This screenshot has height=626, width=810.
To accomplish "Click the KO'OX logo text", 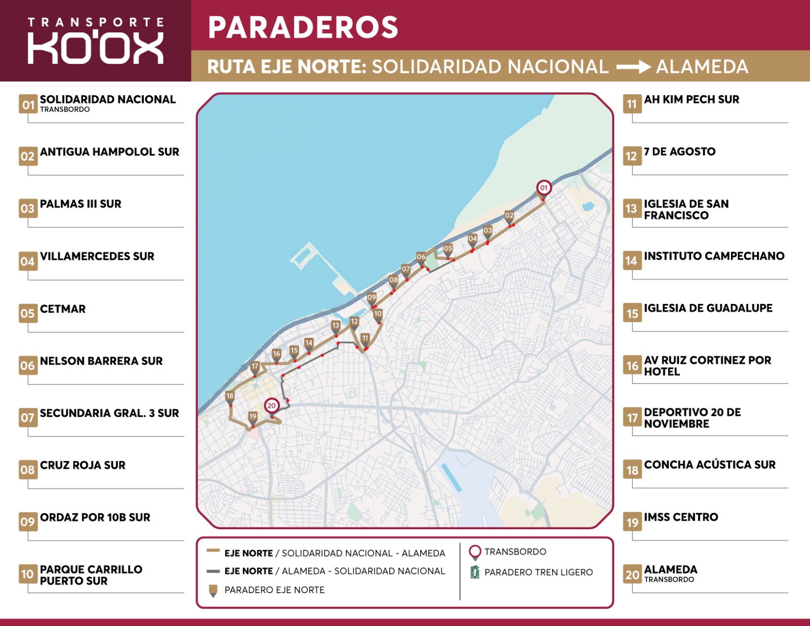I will click(95, 49).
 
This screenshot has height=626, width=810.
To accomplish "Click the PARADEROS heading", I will click(303, 27).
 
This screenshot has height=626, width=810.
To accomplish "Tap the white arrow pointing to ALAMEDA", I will click(633, 67).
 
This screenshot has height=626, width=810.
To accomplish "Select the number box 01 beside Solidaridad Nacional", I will click(28, 104).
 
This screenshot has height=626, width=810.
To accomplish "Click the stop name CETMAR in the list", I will click(63, 309).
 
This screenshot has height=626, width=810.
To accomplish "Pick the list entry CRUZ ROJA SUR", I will click(83, 465).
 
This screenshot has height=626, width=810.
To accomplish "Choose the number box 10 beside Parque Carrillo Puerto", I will click(27, 574).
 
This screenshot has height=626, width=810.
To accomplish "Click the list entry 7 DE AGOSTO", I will click(679, 152).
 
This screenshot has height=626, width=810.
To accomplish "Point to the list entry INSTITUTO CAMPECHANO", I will click(714, 256).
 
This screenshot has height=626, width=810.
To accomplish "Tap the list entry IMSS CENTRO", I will click(681, 517).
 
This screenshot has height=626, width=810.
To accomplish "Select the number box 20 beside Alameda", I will click(632, 574).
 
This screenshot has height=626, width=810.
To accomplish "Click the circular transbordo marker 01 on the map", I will click(544, 188).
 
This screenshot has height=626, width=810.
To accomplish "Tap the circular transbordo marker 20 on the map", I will click(272, 406).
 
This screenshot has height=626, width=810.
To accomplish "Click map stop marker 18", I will click(230, 397).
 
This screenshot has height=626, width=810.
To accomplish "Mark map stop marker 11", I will click(366, 339).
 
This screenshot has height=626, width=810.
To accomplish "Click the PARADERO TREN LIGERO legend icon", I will click(475, 572).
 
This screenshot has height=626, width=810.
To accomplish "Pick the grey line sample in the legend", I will click(213, 571).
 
